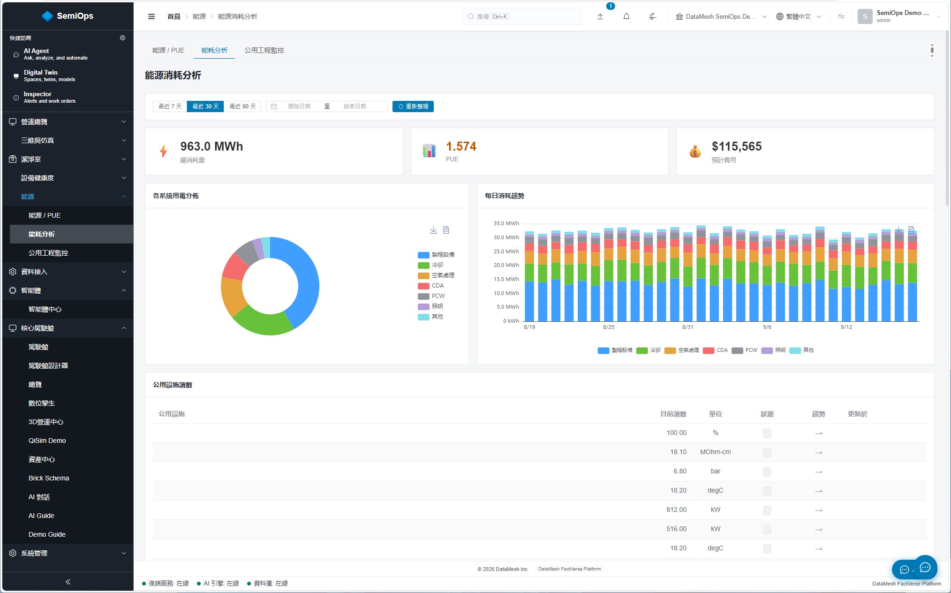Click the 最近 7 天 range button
coord(170,106)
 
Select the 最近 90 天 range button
coord(242,106)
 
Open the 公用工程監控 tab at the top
coord(264,50)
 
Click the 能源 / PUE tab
coord(168,50)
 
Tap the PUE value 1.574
coord(461,146)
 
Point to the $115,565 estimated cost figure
coord(737,146)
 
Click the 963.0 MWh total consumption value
coord(211,146)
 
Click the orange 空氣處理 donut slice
coord(232,296)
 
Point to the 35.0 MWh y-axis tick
coord(506,223)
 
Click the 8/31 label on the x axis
coord(687,327)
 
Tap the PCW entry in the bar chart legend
coord(745,350)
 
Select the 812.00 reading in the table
coord(676,509)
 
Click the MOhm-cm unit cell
coord(715,452)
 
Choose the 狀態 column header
coord(767,414)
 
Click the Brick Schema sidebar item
coord(49,478)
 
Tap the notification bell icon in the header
coord(626,16)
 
